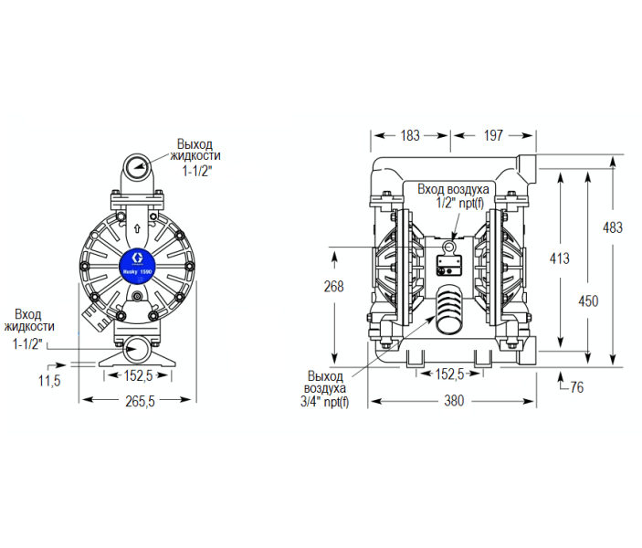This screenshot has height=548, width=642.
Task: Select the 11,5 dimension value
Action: (x=49, y=379)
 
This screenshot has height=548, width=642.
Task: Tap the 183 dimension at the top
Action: (x=410, y=136)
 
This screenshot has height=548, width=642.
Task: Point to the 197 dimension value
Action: (x=493, y=136)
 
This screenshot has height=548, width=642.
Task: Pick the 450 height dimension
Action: (x=588, y=300)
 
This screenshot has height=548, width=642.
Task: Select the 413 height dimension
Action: (x=559, y=258)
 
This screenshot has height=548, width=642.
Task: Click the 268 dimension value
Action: (x=334, y=286)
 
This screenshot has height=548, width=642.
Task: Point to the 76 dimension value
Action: (x=576, y=387)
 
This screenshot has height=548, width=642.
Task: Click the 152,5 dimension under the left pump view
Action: (x=137, y=374)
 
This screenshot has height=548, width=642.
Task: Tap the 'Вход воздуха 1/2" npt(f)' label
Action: (x=453, y=195)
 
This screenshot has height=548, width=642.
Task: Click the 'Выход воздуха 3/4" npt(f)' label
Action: (x=325, y=389)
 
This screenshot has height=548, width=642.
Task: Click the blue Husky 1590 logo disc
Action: (x=138, y=265)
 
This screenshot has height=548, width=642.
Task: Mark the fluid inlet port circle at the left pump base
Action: (x=137, y=348)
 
